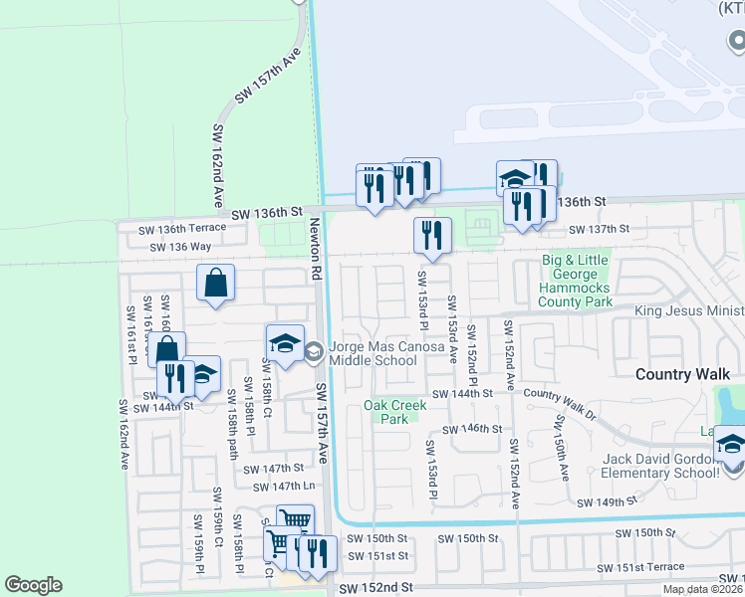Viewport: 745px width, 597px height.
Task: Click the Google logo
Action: [x=33, y=585]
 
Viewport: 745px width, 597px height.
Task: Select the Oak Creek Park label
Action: [x=395, y=412]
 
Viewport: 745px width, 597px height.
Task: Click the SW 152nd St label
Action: [x=375, y=589]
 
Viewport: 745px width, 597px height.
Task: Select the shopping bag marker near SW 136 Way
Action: [x=216, y=283]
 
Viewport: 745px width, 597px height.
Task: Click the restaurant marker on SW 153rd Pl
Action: [x=432, y=235]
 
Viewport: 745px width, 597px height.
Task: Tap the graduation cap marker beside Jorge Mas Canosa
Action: [x=285, y=344]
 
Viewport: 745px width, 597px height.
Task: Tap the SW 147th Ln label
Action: [x=283, y=487]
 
